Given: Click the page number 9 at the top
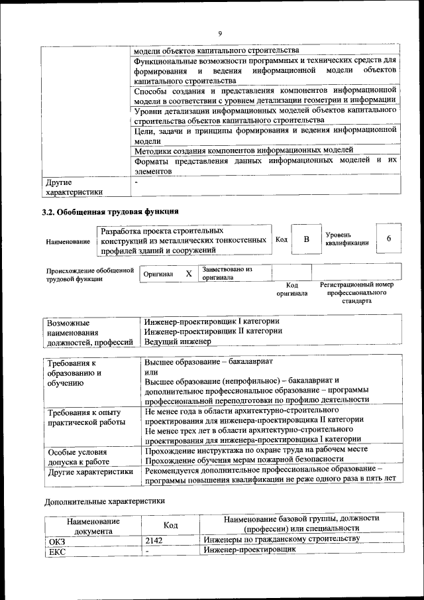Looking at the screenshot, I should coord(220,34).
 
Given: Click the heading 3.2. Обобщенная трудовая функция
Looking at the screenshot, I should coord(110,212).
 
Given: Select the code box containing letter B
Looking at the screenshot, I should coord(307,239).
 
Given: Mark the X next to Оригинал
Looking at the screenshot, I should coord(188,273).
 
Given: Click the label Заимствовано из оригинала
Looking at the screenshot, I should coord(227,274).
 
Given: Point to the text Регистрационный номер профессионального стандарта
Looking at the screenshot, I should coord(356,292).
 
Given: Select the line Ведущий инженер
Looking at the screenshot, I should coord(178,341).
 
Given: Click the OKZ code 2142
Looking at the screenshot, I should coord(154,540).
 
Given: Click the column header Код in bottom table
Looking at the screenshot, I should coord(170,524).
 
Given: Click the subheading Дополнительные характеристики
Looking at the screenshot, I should coord(105,501).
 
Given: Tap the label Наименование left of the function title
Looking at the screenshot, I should coord(68,242).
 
